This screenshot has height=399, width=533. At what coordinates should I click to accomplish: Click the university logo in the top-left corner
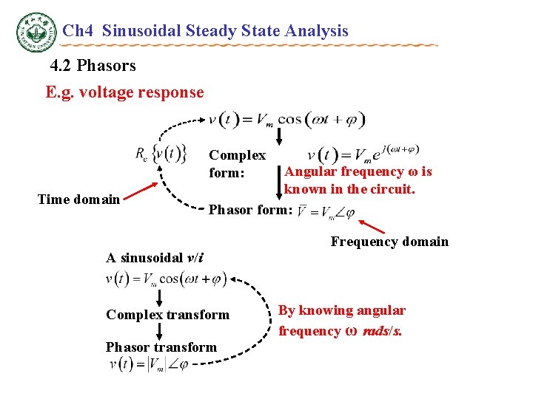[36, 32]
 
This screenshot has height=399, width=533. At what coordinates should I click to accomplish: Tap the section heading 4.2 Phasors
[93, 66]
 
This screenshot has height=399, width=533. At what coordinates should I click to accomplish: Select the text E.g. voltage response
[124, 92]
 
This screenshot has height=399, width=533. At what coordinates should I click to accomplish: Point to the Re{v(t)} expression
[159, 153]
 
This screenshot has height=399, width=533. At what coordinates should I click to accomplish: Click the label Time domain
[78, 199]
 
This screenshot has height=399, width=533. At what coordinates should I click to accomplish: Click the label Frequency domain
[389, 242]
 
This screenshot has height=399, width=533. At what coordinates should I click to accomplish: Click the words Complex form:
[237, 163]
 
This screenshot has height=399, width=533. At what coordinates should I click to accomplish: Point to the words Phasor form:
[251, 210]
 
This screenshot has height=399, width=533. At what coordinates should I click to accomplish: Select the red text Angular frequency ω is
[358, 171]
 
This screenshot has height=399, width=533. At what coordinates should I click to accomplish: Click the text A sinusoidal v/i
[155, 258]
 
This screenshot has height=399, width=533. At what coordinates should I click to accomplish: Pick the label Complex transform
[167, 315]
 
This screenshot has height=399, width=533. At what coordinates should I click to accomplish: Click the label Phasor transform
[161, 347]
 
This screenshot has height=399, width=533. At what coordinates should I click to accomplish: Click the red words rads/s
[381, 331]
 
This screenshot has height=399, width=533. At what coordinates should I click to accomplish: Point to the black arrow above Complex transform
[159, 298]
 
